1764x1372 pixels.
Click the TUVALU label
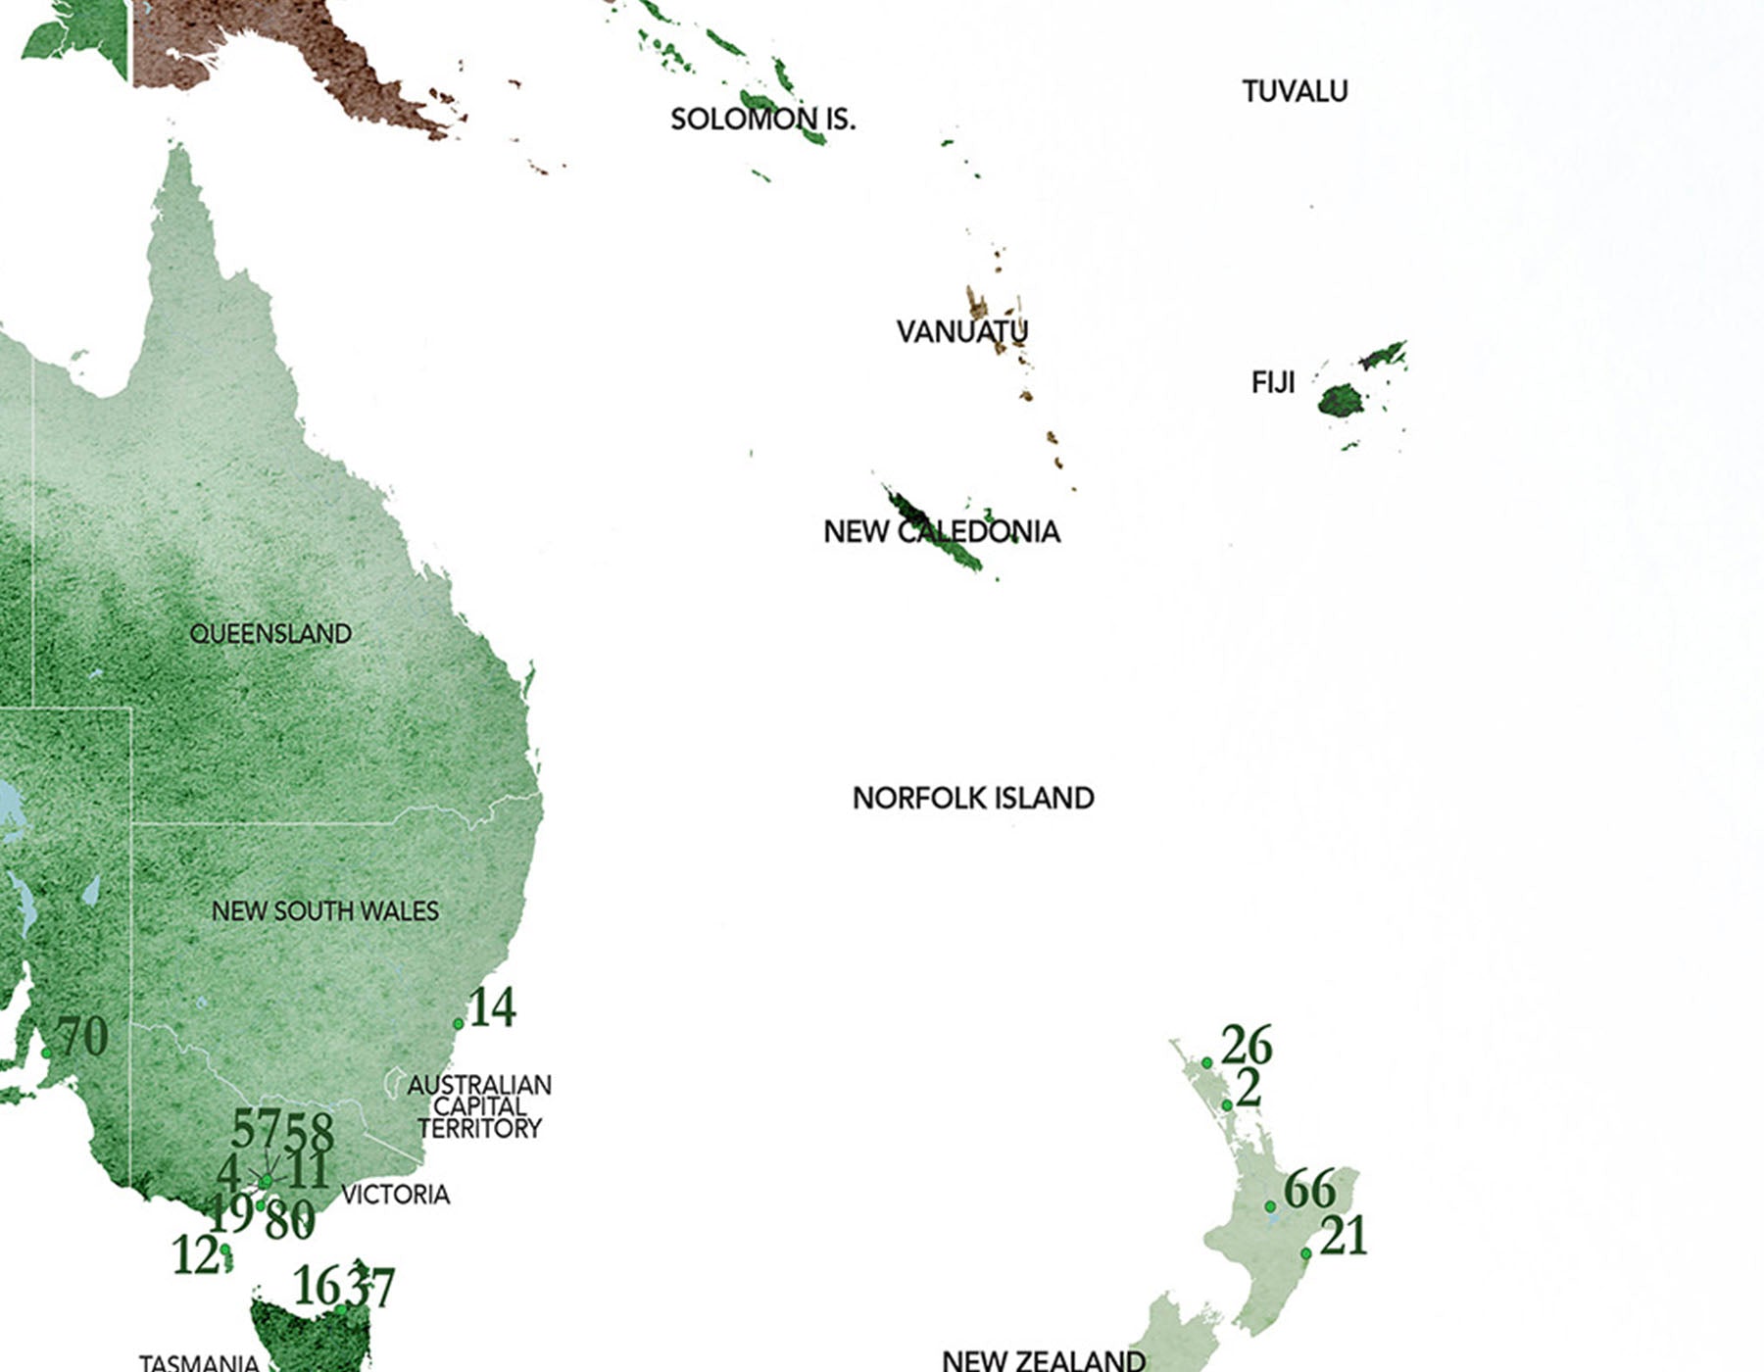pyautogui.click(x=1295, y=91)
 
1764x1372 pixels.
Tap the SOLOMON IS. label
pyautogui.click(x=762, y=120)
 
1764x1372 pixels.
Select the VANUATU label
pyautogui.click(x=961, y=331)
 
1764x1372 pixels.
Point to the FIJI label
pyautogui.click(x=1273, y=382)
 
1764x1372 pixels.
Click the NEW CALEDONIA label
pyautogui.click(x=941, y=532)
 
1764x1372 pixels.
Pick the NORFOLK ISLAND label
pyautogui.click(x=973, y=798)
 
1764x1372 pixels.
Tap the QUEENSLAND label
pyautogui.click(x=270, y=634)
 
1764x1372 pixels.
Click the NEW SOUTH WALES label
pyautogui.click(x=325, y=911)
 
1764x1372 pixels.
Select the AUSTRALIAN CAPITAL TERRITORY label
pyautogui.click(x=479, y=1106)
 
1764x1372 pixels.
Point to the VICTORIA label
pyautogui.click(x=395, y=1195)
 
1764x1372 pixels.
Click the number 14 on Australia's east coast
pyautogui.click(x=493, y=1007)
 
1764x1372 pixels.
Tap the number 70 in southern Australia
pyautogui.click(x=82, y=1037)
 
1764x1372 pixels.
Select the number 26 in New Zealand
pyautogui.click(x=1247, y=1045)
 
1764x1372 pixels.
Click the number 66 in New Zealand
pyautogui.click(x=1309, y=1190)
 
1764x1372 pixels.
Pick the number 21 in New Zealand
pyautogui.click(x=1344, y=1237)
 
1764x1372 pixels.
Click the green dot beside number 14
pyautogui.click(x=458, y=1024)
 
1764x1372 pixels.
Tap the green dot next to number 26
pyautogui.click(x=1206, y=1063)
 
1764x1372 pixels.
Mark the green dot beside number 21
pyautogui.click(x=1305, y=1254)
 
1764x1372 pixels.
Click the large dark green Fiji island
pyautogui.click(x=1340, y=400)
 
